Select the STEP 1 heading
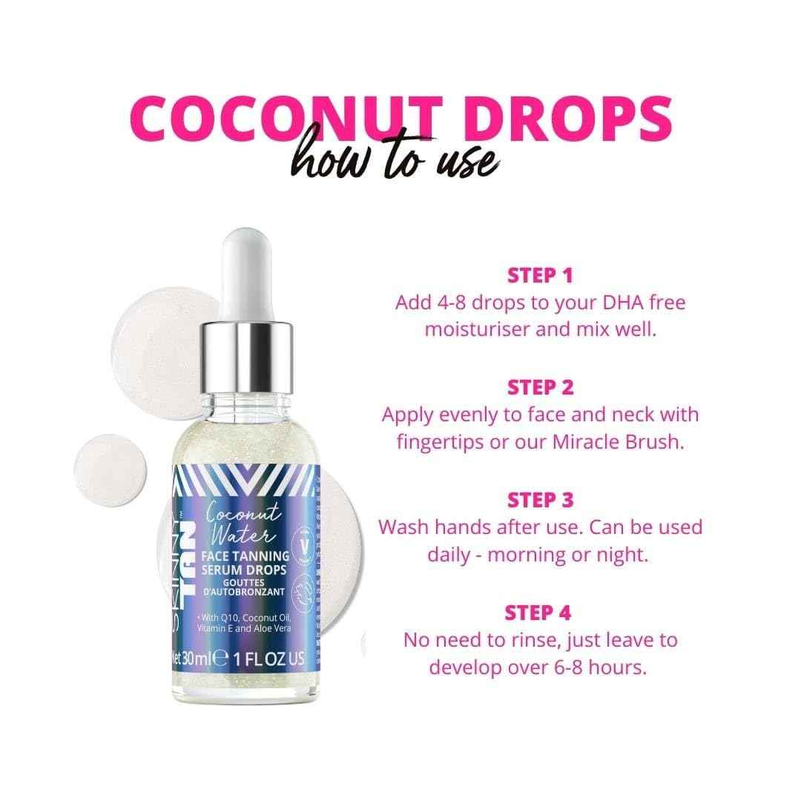(540, 276)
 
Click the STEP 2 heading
(540, 386)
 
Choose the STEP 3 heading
(540, 499)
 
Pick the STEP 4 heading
(540, 612)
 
